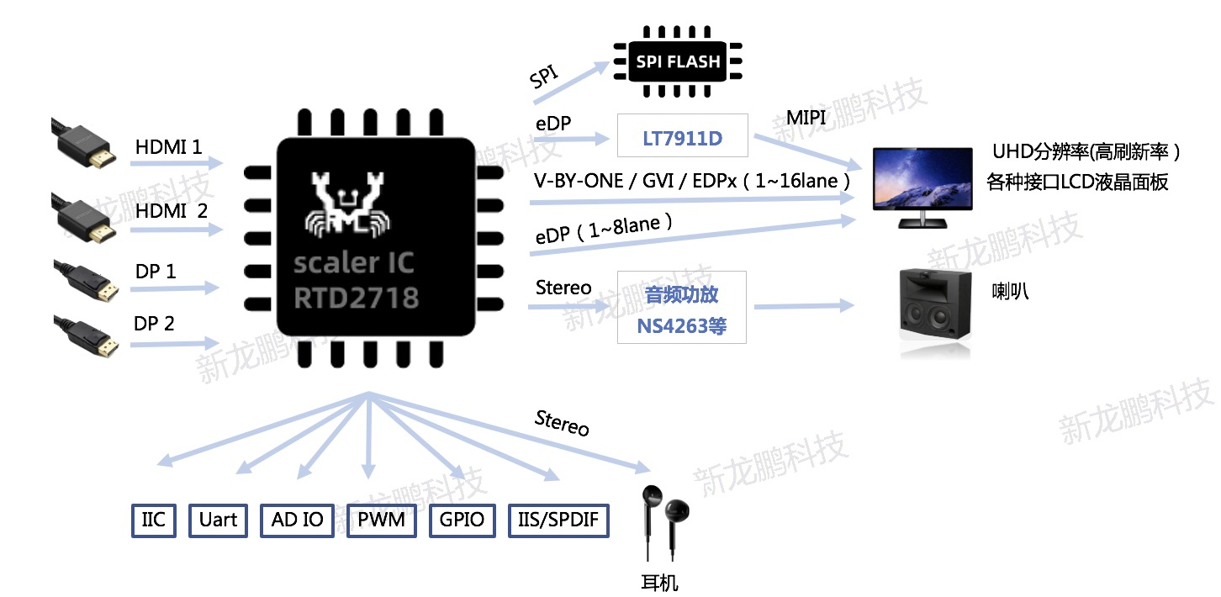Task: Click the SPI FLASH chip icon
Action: [678, 61]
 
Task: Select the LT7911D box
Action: [682, 135]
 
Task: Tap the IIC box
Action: [154, 520]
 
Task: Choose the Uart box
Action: [218, 520]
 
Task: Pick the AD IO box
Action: [297, 520]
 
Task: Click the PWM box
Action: [382, 520]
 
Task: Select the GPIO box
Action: [462, 520]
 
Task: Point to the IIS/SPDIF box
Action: [558, 520]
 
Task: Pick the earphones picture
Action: [664, 526]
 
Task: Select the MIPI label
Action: [806, 118]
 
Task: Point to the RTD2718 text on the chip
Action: [357, 297]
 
